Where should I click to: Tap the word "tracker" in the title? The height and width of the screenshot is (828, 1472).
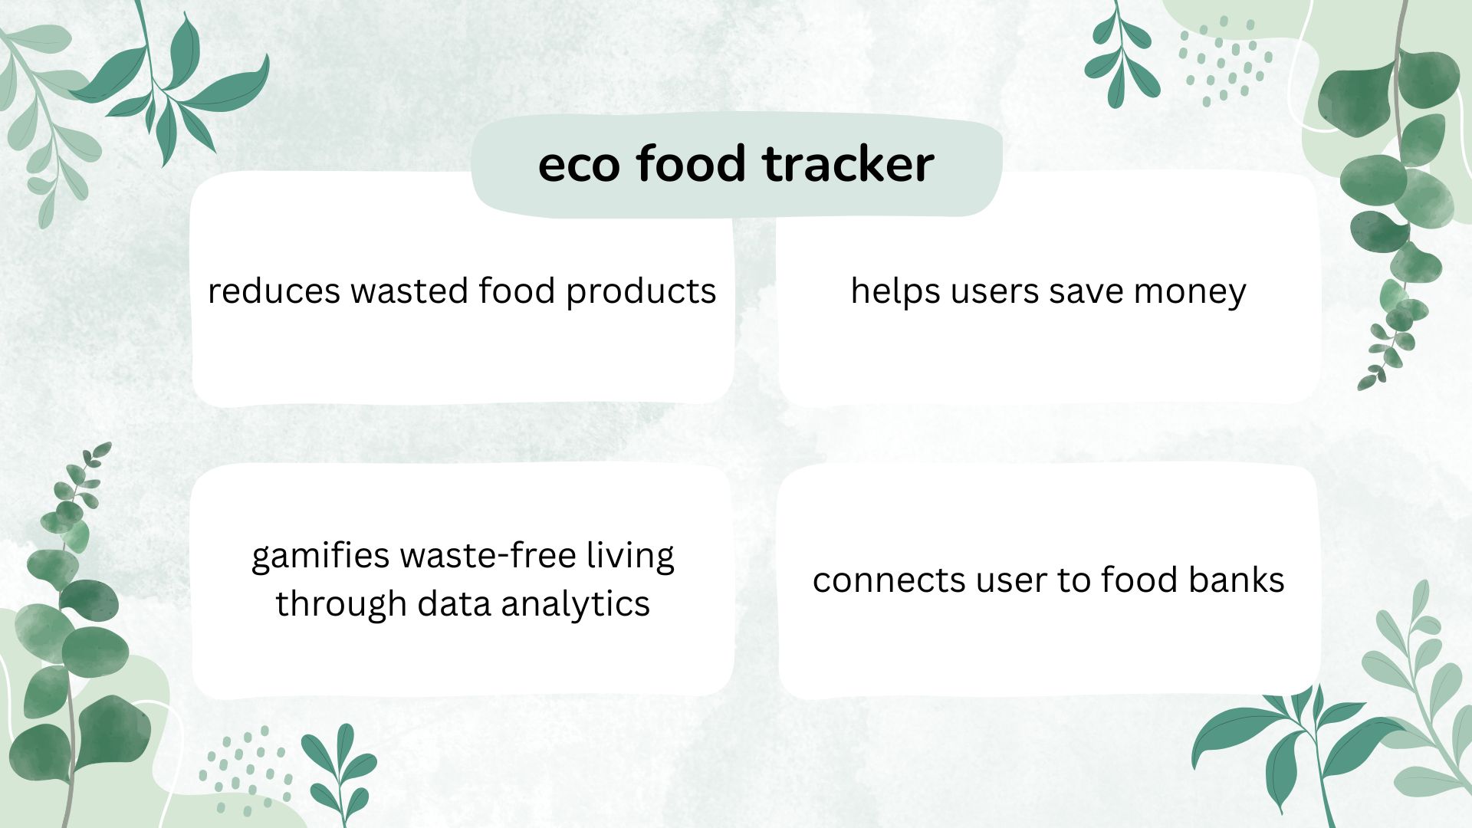(849, 164)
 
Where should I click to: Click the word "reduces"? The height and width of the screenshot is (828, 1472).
(274, 291)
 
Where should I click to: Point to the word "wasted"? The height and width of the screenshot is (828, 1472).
(409, 291)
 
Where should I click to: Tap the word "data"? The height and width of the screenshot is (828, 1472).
(454, 604)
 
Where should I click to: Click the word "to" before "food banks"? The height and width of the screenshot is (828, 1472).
(1074, 581)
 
